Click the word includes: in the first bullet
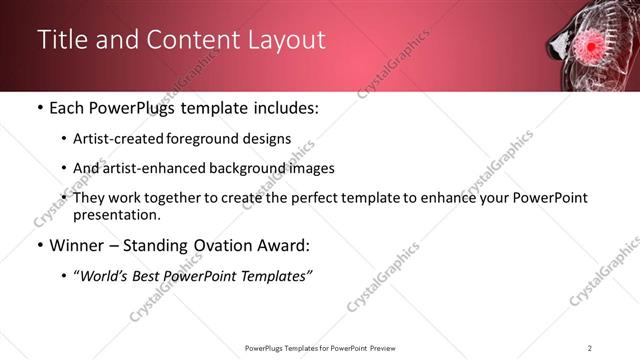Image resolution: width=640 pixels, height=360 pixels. coord(285,108)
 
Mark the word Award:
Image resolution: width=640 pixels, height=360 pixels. coord(283,245)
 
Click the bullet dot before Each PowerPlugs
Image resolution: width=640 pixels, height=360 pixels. coord(39,108)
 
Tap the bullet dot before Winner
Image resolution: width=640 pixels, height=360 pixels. coord(39,245)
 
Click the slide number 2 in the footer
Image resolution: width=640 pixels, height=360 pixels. coord(590,347)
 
